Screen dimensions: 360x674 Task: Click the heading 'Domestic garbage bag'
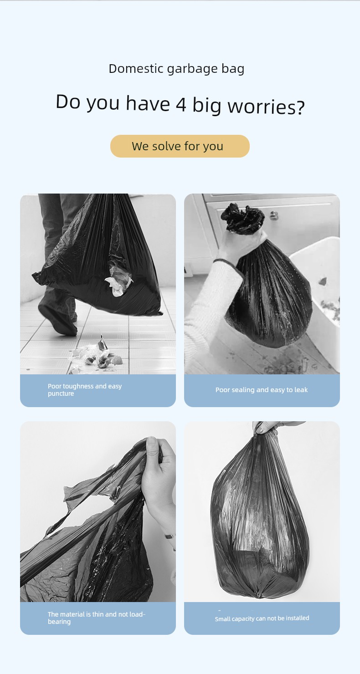click(176, 69)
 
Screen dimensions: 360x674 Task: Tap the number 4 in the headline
click(181, 104)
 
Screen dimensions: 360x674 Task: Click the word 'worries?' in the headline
click(266, 107)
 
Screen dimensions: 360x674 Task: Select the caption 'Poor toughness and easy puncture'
click(85, 390)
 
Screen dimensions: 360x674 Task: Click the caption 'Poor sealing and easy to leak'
click(262, 390)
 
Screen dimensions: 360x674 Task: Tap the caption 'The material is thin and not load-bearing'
click(96, 618)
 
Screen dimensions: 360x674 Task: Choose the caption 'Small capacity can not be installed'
click(262, 618)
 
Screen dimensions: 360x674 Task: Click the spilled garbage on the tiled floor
click(96, 355)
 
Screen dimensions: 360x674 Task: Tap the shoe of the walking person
click(57, 320)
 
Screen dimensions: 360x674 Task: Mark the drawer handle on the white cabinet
click(273, 215)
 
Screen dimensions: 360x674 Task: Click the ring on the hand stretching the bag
click(169, 536)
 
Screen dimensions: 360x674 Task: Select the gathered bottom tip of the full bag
click(258, 595)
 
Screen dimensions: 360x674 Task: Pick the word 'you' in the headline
click(103, 103)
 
